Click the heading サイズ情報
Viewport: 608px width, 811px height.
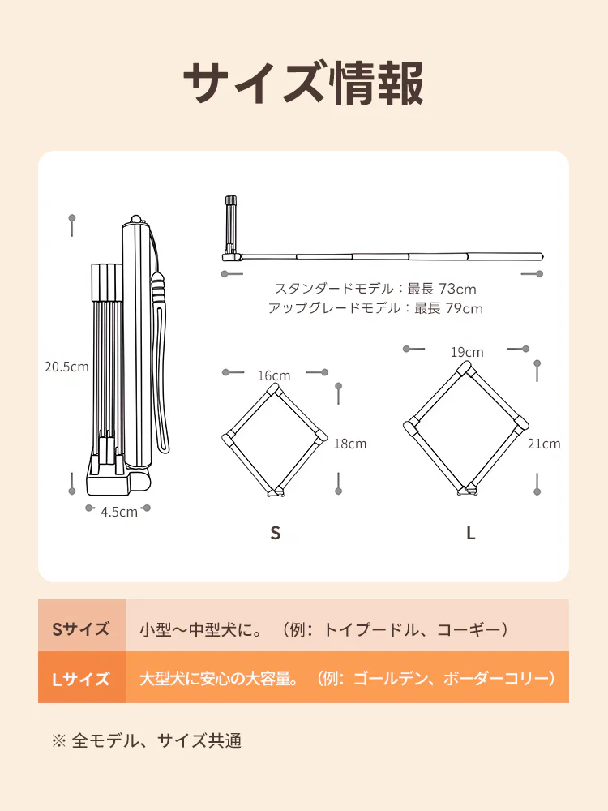303,84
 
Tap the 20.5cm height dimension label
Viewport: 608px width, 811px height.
66,367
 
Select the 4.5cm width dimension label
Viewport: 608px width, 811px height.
119,511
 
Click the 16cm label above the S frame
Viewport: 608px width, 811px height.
274,375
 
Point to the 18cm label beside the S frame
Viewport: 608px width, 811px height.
350,444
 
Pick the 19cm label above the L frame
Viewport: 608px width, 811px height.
467,352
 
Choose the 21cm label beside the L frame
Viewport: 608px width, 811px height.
543,444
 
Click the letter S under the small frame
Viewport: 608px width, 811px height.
276,533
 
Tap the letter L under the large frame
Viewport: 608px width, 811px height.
470,533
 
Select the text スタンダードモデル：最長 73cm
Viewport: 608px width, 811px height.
375,288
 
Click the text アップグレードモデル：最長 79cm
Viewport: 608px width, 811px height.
375,308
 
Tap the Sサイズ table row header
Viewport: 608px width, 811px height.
81,629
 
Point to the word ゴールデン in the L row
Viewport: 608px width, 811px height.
389,678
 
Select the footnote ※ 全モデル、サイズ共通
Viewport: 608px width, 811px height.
147,740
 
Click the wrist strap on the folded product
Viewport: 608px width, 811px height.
163,365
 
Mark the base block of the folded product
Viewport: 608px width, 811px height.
109,483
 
